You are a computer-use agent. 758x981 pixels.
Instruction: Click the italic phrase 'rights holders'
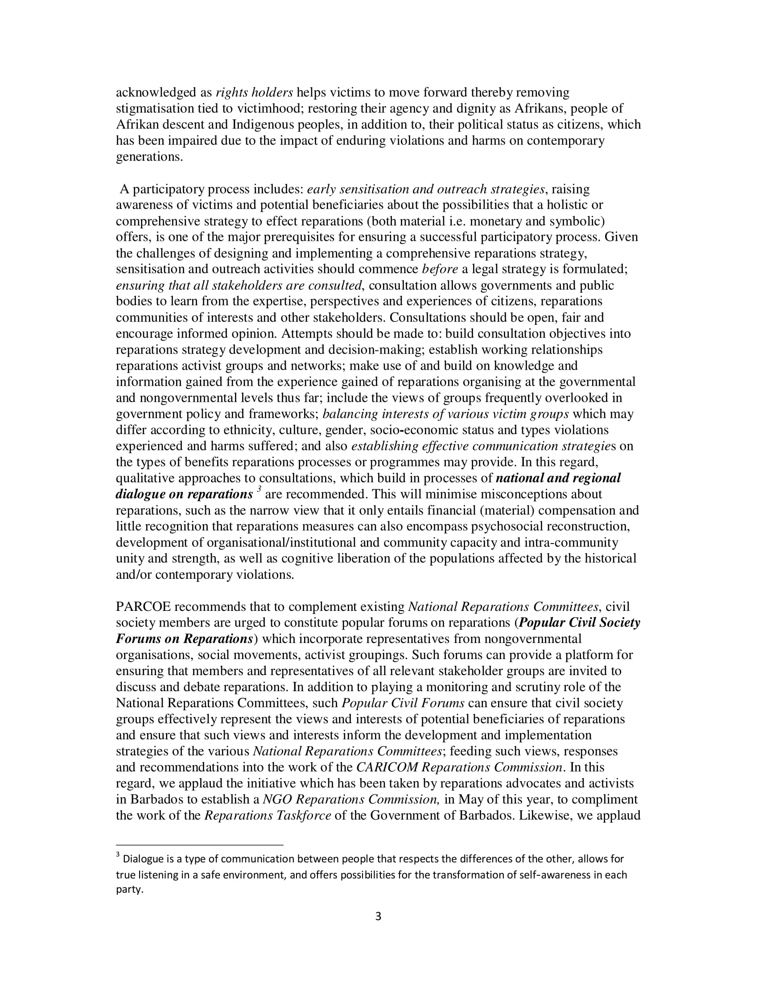pos(254,93)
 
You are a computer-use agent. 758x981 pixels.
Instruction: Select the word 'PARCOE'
pos(143,607)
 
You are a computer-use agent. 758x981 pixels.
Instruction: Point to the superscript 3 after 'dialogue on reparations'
pos(259,490)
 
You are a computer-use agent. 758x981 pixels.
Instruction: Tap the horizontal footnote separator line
pos(199,845)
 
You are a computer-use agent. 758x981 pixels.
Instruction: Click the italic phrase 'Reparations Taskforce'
pos(268,816)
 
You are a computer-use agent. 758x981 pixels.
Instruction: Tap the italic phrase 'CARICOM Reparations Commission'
pos(459,767)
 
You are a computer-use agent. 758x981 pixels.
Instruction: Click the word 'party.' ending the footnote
pos(129,890)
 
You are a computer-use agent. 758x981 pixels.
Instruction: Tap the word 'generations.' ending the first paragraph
pos(149,157)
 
